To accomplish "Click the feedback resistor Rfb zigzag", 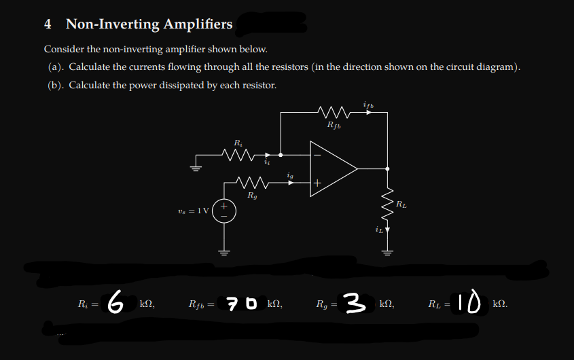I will coord(334,111).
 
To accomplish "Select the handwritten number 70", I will coord(243,302).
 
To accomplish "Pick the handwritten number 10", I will coord(468,301).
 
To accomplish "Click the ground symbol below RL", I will coord(387,252).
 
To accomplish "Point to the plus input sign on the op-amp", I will coord(317,183).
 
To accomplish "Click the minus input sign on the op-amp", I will coord(317,153).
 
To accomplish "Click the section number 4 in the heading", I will coord(48,24).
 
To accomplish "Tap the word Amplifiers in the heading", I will coord(196,24).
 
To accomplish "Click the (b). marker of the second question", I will coord(56,85).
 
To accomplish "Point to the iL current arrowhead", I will coord(387,230).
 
